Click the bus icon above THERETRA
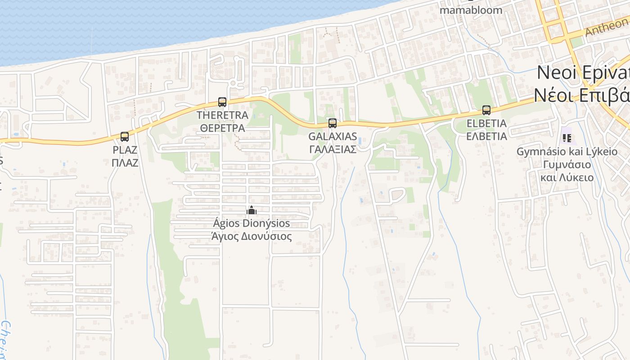coord(222,102)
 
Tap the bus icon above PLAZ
coord(125,136)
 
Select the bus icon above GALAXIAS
coord(333,123)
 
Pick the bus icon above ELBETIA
coord(486,110)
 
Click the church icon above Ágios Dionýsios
coord(251,210)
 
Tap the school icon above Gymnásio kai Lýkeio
coord(567,138)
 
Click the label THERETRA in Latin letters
coord(222,115)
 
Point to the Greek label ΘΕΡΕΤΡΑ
coord(222,128)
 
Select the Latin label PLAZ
coord(125,150)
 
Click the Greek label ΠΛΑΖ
coord(125,162)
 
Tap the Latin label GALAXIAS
coord(333,136)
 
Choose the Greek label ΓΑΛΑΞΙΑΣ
coord(333,149)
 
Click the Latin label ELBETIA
coord(486,123)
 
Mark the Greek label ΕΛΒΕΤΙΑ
coord(486,136)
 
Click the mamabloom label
coord(471,9)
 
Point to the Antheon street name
coord(606,27)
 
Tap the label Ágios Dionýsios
coord(251,223)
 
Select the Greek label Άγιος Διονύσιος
coord(251,236)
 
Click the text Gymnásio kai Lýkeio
coord(567,152)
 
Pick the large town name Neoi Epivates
coord(583,72)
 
